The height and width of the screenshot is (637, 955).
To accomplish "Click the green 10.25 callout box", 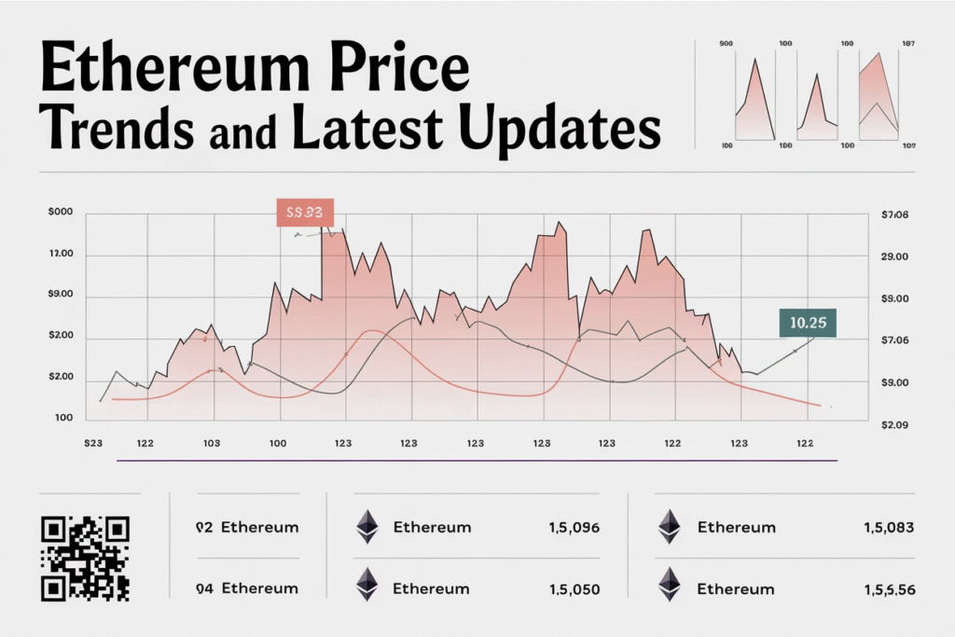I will [807, 323].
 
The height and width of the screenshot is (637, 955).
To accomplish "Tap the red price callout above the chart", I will [305, 212].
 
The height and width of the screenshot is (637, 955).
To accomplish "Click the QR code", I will [86, 558].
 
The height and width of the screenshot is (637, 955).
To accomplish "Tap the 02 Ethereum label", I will [247, 527].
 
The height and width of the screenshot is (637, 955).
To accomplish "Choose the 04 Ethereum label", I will [247, 589].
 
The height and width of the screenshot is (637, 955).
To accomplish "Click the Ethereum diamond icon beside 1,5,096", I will [367, 527].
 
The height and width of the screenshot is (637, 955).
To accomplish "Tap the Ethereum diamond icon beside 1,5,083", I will [669, 527].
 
